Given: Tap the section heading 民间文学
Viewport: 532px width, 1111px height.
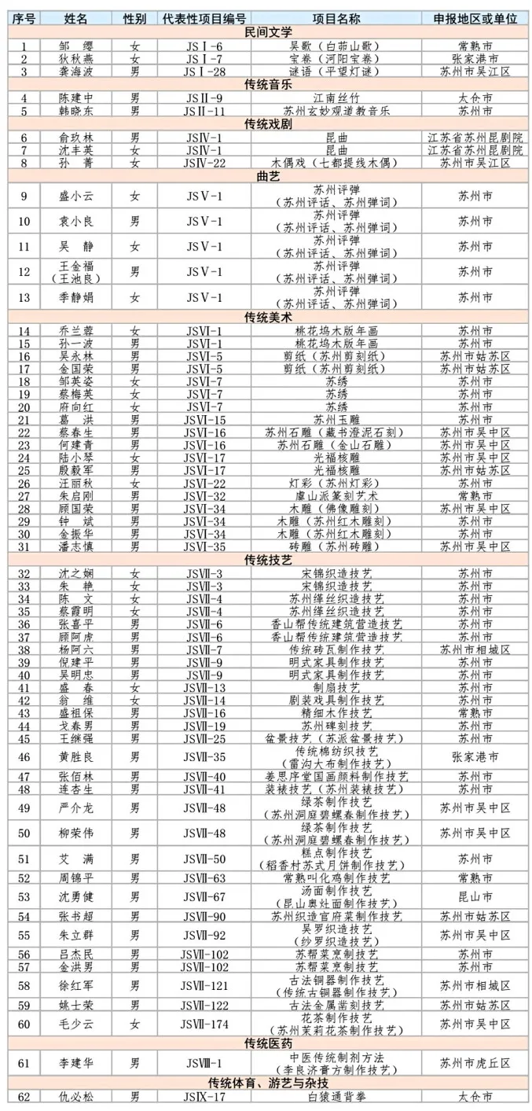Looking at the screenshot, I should pos(267,32).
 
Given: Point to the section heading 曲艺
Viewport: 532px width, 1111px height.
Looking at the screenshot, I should pos(267,176).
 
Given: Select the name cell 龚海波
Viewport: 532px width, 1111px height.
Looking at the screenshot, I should pos(75,72).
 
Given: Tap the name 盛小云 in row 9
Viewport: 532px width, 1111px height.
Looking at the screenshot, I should pos(75,196).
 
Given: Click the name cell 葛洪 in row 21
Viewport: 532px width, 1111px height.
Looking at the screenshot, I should pos(75,420).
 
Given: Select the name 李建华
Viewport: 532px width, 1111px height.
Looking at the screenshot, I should pos(75,1063).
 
